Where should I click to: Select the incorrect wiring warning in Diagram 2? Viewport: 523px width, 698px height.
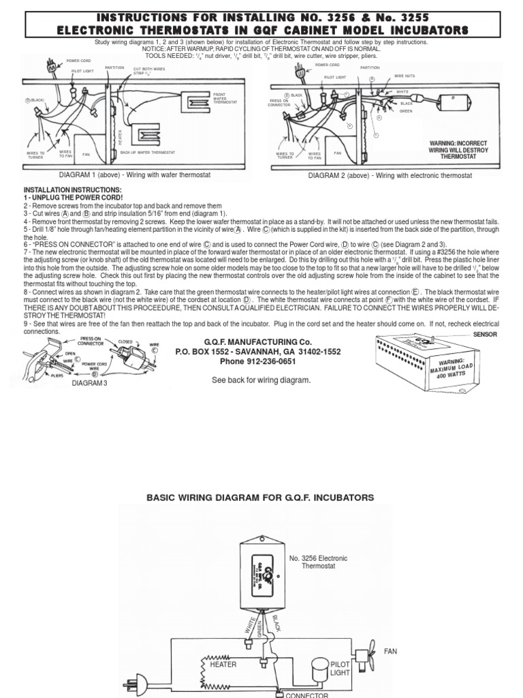pyautogui.click(x=458, y=149)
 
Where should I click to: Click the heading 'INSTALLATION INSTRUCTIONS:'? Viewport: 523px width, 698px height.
pyautogui.click(x=73, y=189)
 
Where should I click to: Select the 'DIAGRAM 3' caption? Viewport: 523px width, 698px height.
pyautogui.click(x=90, y=383)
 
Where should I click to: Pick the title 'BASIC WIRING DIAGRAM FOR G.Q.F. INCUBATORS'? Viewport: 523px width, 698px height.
pyautogui.click(x=261, y=498)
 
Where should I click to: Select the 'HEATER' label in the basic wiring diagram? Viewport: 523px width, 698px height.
pyautogui.click(x=223, y=664)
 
